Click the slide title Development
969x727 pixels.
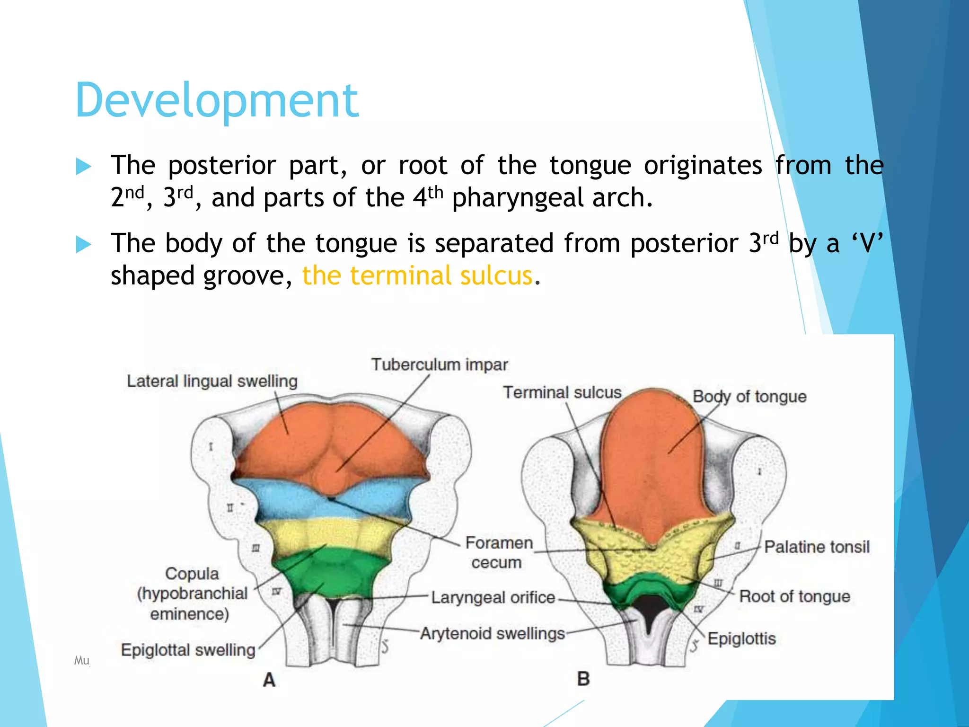217,100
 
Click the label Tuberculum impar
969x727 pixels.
439,364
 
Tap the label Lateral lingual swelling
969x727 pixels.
212,381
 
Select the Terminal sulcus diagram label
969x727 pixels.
562,392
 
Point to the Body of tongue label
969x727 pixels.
749,397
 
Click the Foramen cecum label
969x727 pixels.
498,552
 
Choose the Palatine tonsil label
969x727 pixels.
817,547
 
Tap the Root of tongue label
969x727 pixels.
794,596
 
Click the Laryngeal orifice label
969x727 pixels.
493,597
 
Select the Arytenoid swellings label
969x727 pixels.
493,633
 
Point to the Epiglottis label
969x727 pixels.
741,638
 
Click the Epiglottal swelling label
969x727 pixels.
188,650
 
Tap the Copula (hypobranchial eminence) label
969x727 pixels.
192,594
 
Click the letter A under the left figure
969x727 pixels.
269,680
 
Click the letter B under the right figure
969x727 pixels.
583,679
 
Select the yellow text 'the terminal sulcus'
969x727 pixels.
417,275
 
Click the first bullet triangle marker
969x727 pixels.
83,167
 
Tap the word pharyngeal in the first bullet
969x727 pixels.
518,198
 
